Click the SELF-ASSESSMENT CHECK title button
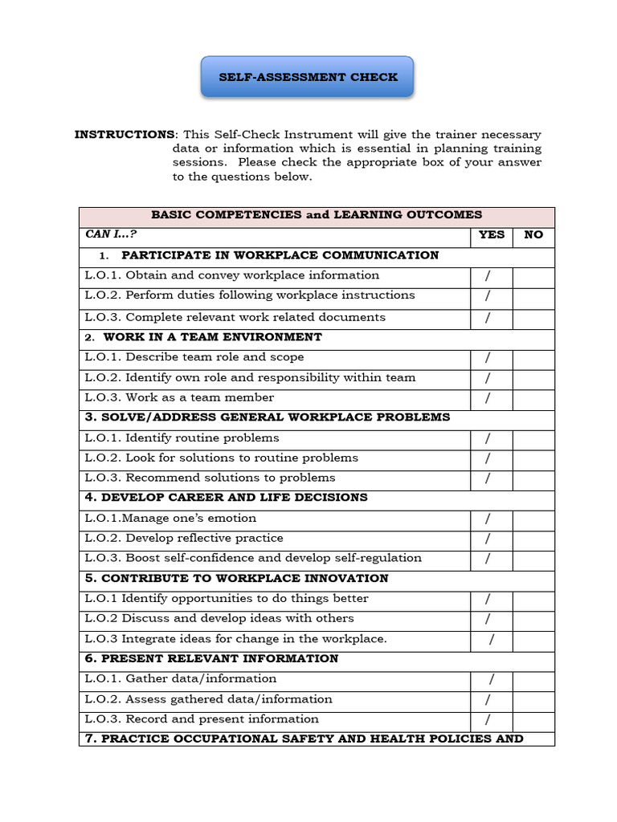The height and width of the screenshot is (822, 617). [x=308, y=77]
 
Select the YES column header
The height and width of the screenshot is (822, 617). [x=491, y=234]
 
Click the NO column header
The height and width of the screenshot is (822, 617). [x=533, y=234]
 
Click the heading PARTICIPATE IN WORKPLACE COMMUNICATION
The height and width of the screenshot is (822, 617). [x=280, y=255]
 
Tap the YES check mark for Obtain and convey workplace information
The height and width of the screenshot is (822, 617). [x=488, y=276]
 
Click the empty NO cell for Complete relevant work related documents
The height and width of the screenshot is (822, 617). [x=533, y=318]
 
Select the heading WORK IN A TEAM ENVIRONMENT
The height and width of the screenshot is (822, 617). [x=212, y=337]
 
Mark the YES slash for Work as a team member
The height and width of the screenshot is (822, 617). [x=488, y=398]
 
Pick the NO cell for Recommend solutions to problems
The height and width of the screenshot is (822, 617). [x=533, y=478]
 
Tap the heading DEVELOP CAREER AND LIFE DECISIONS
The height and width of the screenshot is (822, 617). [x=226, y=498]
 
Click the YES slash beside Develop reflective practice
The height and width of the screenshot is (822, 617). [x=488, y=539]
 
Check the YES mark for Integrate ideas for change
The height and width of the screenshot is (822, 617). [x=492, y=640]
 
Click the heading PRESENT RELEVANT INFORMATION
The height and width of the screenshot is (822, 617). [x=211, y=658]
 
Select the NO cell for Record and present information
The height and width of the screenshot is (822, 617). [x=533, y=719]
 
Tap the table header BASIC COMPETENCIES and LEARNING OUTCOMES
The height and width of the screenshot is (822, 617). [x=317, y=214]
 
